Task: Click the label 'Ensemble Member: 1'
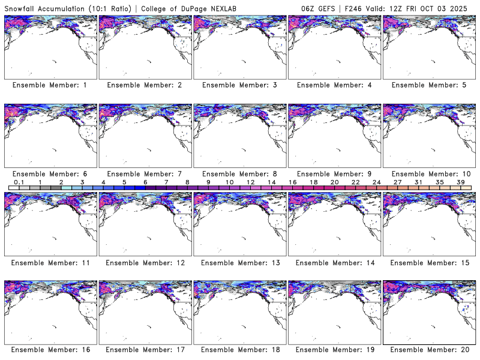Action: click(50, 85)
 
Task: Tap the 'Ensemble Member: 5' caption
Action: click(429, 85)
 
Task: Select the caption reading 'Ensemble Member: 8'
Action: click(239, 174)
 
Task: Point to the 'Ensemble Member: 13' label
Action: click(239, 262)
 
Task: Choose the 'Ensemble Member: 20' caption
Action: click(429, 350)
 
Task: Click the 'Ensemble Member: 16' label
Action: click(50, 350)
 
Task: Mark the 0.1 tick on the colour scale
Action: click(19, 182)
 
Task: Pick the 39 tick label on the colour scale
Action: click(461, 182)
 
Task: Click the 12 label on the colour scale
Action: click(250, 182)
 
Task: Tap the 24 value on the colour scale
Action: click(377, 182)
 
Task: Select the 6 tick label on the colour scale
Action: click(145, 182)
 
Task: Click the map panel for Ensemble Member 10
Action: click(429, 136)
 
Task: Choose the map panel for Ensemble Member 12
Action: click(145, 224)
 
